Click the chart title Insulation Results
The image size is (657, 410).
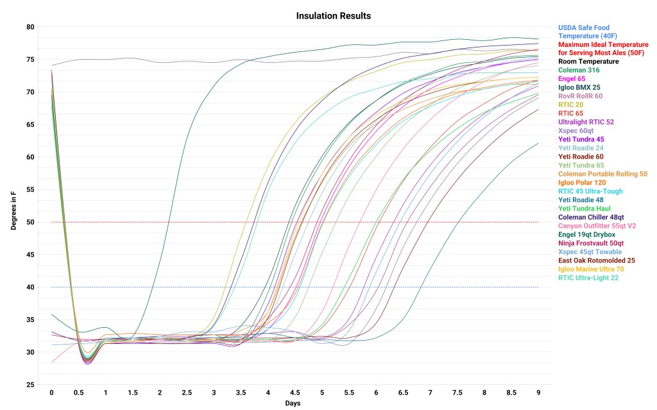333,15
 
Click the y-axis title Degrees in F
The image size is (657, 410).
13,206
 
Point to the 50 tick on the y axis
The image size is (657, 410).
31,222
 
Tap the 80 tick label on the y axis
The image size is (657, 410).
31,27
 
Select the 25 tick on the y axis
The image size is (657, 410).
31,384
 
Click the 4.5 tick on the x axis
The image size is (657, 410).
294,392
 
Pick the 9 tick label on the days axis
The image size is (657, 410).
538,392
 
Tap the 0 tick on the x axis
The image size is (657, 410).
51,392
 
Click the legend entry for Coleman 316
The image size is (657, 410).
579,70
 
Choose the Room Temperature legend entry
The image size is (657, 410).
588,62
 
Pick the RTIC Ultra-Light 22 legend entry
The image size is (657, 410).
589,278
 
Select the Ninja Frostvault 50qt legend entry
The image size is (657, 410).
591,243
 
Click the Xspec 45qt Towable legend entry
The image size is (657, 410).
590,252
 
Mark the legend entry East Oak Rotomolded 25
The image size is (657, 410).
596,261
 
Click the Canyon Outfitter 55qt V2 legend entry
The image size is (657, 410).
596,226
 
